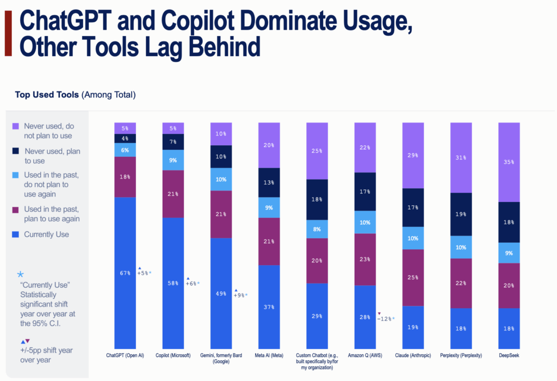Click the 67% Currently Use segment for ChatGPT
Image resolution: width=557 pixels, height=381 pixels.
coord(125,272)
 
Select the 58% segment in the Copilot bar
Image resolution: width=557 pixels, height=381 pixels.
coord(173,283)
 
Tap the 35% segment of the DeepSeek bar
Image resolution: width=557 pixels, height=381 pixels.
coord(509,162)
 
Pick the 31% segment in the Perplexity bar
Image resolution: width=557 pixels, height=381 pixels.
coord(461,158)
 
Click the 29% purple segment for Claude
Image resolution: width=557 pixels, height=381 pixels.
coord(413,155)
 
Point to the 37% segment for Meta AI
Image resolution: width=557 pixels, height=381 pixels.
coord(269,306)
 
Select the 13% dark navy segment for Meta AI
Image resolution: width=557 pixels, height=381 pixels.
coord(269,182)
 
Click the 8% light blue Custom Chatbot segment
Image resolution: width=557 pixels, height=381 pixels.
coord(317,229)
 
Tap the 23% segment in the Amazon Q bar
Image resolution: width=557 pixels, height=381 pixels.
coord(364,260)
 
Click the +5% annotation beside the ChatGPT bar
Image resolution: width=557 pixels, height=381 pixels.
coord(144,273)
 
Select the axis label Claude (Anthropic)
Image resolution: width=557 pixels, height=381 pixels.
coord(412,355)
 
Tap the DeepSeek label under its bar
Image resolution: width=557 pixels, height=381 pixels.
coord(509,355)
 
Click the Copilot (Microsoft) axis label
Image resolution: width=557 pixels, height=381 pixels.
coord(173,355)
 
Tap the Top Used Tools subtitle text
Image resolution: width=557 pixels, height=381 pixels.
coord(47,95)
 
